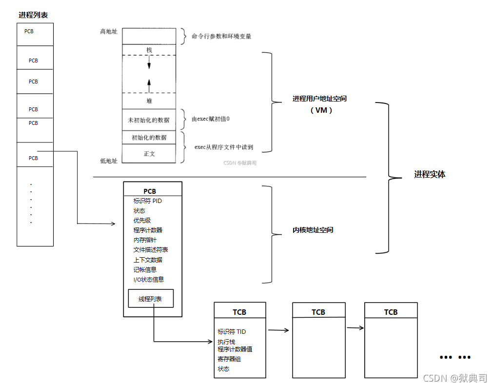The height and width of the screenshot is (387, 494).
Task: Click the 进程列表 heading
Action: pyautogui.click(x=33, y=15)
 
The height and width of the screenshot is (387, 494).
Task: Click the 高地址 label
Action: pyautogui.click(x=109, y=32)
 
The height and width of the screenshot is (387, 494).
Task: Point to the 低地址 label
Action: pyautogui.click(x=109, y=160)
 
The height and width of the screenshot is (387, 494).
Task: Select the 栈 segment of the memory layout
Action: pyautogui.click(x=149, y=50)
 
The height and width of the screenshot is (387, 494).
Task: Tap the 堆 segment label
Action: pyautogui.click(x=149, y=101)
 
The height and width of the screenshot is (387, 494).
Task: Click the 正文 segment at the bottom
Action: pyautogui.click(x=149, y=154)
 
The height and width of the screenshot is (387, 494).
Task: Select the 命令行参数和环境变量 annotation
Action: pyautogui.click(x=221, y=36)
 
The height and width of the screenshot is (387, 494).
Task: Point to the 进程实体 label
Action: pyautogui.click(x=430, y=174)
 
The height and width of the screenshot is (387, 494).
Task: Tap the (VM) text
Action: pyautogui.click(x=321, y=110)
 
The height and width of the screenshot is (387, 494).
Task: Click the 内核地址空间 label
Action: pyautogui.click(x=313, y=230)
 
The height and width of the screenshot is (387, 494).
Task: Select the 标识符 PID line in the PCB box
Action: pyautogui.click(x=148, y=201)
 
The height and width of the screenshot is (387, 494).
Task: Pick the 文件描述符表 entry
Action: pyautogui.click(x=151, y=250)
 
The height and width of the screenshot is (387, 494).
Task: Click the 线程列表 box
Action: pyautogui.click(x=151, y=299)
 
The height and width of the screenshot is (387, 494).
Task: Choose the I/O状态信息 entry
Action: pyautogui.click(x=149, y=280)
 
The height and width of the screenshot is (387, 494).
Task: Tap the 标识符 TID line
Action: pyautogui.click(x=232, y=331)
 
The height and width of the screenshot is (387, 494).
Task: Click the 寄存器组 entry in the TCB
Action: pyautogui.click(x=229, y=359)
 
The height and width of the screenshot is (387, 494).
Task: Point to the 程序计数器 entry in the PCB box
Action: pyautogui.click(x=148, y=230)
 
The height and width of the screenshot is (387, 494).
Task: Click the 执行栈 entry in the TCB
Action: pyautogui.click(x=226, y=342)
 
